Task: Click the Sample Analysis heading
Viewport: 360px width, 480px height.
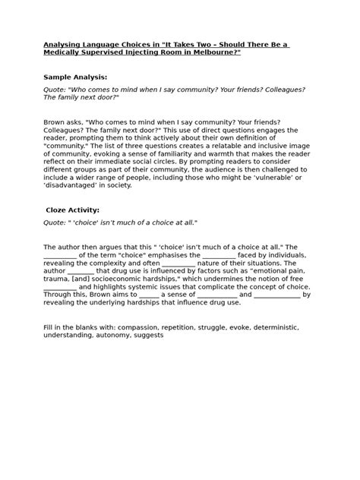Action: (x=75, y=77)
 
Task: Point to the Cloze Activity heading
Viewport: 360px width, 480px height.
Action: (x=74, y=210)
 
